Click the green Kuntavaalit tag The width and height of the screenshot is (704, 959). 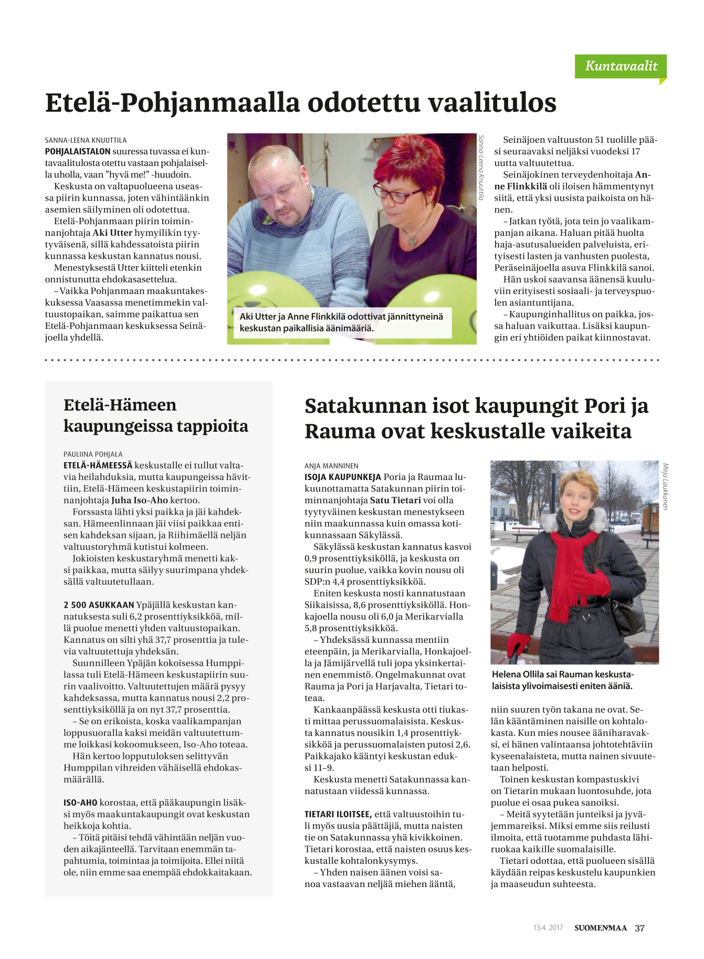pos(621,66)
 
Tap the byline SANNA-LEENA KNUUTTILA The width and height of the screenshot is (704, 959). pos(86,140)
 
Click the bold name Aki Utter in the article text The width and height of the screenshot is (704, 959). pos(112,233)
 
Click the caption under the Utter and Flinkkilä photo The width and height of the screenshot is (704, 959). pos(342,322)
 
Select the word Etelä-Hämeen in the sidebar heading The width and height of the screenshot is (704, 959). pos(120,405)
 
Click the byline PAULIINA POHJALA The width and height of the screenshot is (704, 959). pos(93,454)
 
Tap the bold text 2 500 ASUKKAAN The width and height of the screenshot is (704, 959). pos(99,605)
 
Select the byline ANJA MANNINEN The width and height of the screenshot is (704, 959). pos(332,465)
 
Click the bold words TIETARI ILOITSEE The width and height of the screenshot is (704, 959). pos(338,814)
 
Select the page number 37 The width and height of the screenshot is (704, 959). pos(639,928)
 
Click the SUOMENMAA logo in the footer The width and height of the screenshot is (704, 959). pos(600,928)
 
